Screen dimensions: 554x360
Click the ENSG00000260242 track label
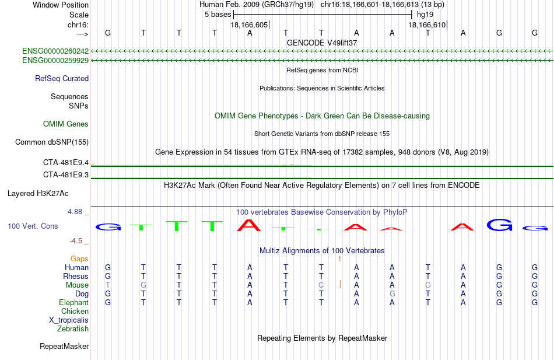55,51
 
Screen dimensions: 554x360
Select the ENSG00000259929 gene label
55,61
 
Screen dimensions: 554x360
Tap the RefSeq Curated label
62,79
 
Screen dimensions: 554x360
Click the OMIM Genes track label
66,124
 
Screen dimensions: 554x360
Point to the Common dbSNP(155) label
52,142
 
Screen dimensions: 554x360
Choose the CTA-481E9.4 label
66,163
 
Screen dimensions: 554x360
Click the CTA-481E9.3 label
66,174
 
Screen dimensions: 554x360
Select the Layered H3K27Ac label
38,194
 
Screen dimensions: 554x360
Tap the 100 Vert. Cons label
33,226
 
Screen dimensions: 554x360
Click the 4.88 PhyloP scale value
75,212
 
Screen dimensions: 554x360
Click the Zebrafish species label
73,329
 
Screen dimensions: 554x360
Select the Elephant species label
74,303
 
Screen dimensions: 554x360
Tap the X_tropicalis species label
69,320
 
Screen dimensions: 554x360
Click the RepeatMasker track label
64,346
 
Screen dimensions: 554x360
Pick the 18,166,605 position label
249,25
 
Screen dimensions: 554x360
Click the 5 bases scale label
218,15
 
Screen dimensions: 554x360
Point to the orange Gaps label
79,259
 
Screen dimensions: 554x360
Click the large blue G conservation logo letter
500,225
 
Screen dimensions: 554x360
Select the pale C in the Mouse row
321,285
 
